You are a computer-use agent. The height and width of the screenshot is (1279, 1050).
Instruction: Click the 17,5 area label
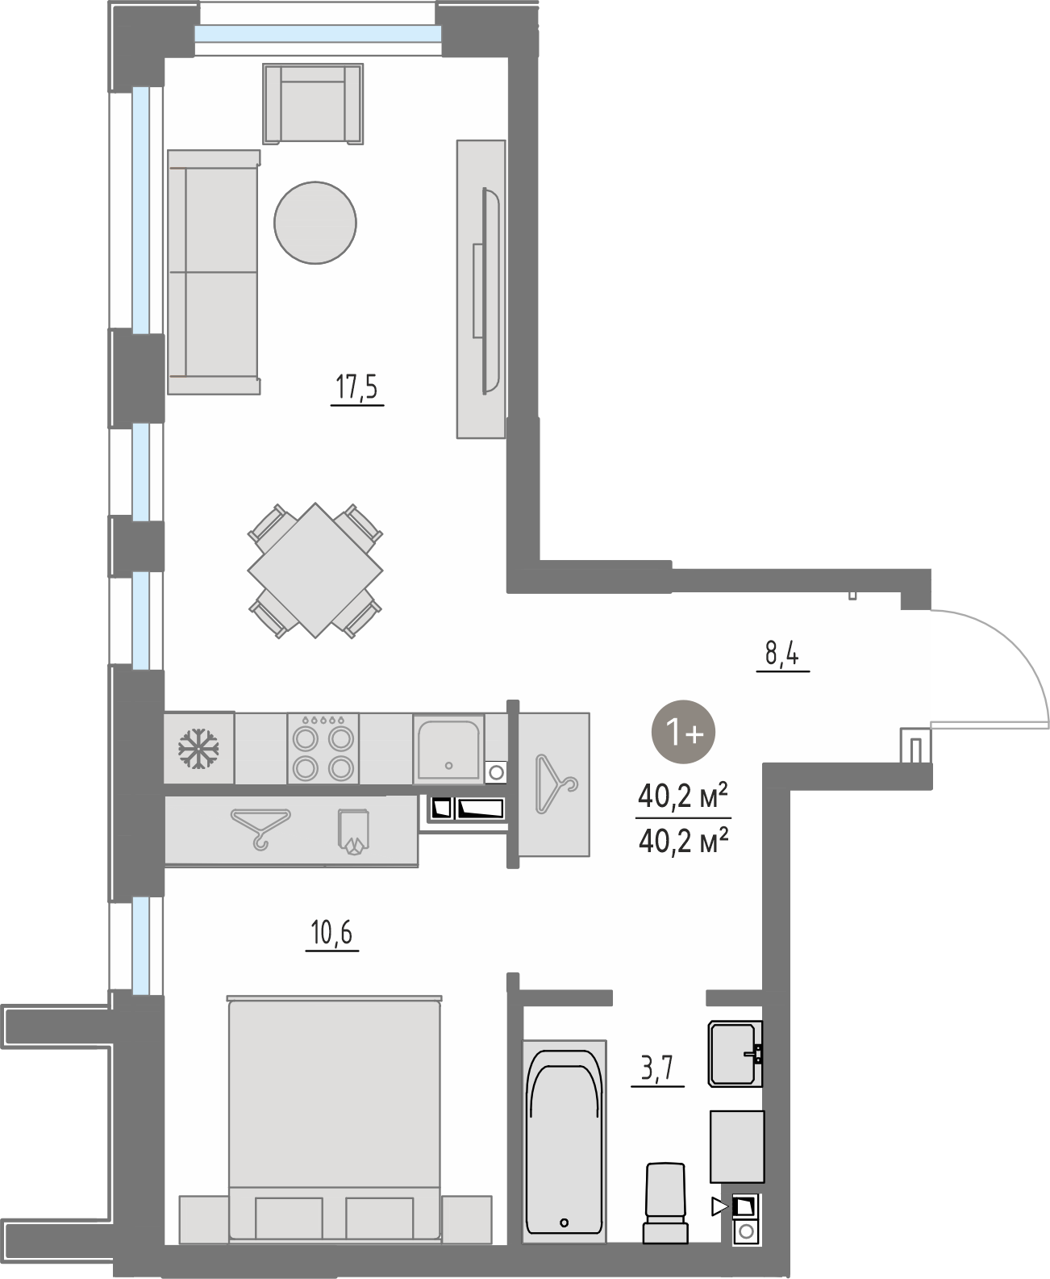click(357, 387)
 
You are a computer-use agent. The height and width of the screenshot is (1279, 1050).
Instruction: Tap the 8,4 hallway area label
click(782, 654)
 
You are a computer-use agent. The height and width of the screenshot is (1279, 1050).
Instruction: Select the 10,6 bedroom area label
click(331, 933)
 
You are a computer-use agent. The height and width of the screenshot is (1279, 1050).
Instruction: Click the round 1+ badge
click(683, 732)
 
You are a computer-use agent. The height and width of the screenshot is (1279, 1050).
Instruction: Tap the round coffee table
click(315, 223)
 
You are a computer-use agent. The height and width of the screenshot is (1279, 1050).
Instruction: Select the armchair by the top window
click(313, 104)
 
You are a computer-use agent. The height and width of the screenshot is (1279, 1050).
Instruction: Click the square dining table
click(315, 570)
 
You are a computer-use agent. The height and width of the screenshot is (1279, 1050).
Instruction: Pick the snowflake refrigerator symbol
click(198, 748)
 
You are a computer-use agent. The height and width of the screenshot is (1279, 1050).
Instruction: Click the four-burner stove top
click(323, 748)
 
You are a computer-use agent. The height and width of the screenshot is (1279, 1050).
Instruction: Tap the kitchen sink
click(448, 748)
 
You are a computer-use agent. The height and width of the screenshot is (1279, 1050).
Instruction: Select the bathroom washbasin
click(735, 1053)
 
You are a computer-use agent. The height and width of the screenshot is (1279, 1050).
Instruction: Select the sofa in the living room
click(214, 272)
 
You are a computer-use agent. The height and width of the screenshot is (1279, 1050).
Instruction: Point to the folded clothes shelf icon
click(353, 831)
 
